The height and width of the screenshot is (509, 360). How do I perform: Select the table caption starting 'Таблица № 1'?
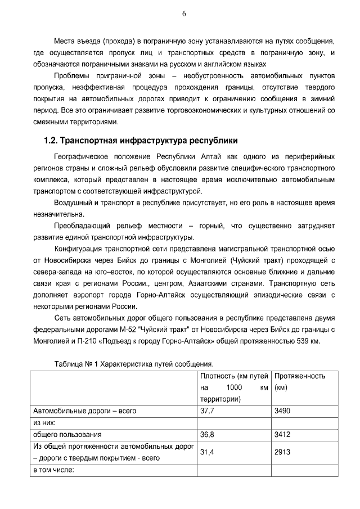coord(134,364)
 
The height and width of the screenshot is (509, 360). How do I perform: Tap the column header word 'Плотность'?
coord(217,376)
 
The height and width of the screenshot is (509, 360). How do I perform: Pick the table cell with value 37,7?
coord(208,411)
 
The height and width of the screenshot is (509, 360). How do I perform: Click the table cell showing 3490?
coord(282,411)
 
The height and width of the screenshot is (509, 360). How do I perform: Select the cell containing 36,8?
coord(208,435)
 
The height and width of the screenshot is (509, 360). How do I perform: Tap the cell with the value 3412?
coord(282,435)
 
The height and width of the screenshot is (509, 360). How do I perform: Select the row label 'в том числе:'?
coord(54,470)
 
